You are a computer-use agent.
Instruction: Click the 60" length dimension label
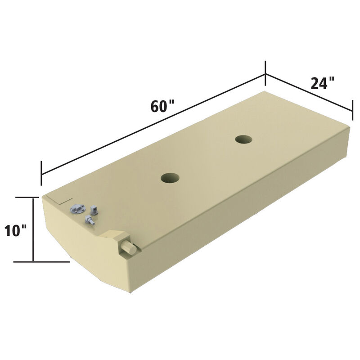click(162, 108)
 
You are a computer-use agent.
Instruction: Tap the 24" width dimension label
click(322, 83)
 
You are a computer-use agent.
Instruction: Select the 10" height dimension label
click(16, 231)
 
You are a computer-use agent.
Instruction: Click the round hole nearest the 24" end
click(243, 139)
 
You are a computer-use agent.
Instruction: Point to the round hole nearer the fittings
click(170, 178)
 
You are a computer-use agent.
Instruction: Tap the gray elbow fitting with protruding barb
click(90, 220)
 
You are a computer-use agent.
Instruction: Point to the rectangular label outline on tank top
click(60, 199)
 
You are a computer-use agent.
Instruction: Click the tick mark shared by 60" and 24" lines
click(265, 73)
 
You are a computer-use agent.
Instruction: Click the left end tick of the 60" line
click(41, 173)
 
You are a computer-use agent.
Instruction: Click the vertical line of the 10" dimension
click(33, 229)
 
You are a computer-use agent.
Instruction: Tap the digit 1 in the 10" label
click(8, 231)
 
